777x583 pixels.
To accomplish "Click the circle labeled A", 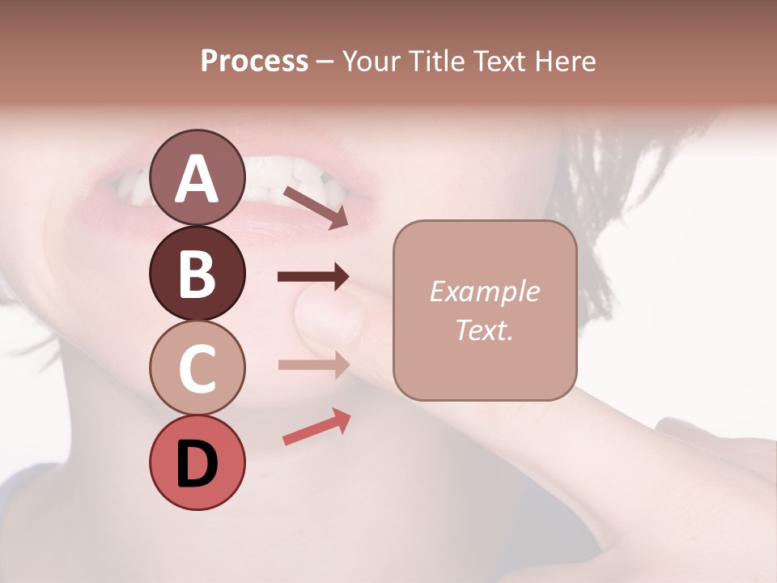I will click(197, 177).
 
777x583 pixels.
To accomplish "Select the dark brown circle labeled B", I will click(197, 273).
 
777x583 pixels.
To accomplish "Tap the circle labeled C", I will click(197, 368).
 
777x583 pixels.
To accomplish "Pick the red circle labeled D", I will click(197, 462).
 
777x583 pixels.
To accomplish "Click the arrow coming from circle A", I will click(316, 207).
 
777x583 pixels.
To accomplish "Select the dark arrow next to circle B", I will click(313, 277).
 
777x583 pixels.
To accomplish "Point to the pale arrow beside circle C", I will click(313, 364).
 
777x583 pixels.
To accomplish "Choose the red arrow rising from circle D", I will click(316, 428).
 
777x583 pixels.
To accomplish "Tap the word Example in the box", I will click(485, 291).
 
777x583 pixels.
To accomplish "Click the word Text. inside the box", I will click(485, 330).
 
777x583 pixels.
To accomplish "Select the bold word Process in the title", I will click(254, 61).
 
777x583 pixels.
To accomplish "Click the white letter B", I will click(197, 274).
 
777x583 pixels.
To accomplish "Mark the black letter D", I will click(197, 463).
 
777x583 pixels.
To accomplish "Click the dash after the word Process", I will click(325, 62).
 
